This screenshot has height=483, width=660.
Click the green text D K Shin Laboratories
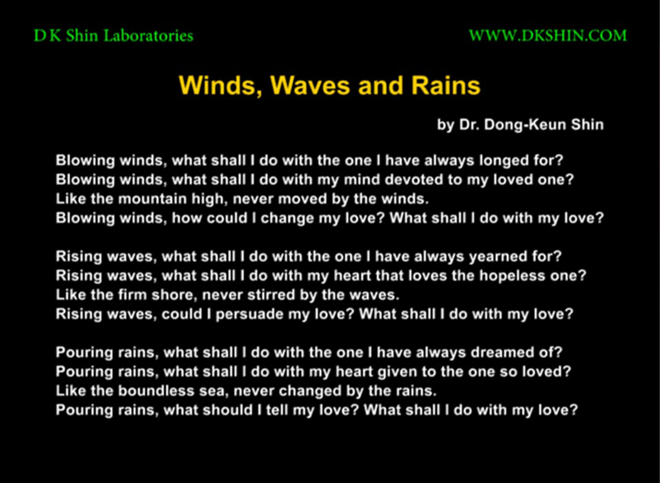(113, 36)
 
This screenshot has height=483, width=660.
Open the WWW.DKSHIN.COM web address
(548, 36)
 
